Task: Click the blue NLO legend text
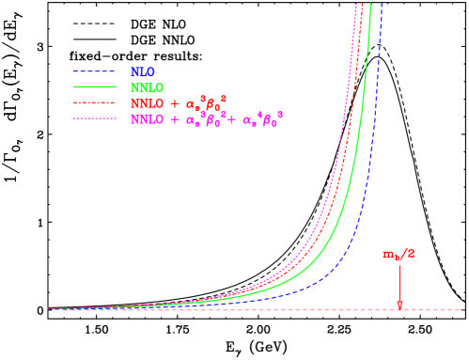click(x=143, y=71)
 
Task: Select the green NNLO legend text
click(x=147, y=87)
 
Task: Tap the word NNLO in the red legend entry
click(x=147, y=103)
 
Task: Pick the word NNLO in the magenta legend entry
click(x=147, y=119)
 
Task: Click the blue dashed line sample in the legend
click(x=94, y=71)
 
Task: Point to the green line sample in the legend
click(x=94, y=87)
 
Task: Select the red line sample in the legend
click(x=94, y=102)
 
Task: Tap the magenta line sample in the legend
click(x=94, y=118)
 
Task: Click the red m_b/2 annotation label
click(x=398, y=254)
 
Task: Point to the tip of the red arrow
click(x=399, y=307)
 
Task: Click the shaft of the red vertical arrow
click(x=399, y=282)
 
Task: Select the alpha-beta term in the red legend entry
click(x=206, y=102)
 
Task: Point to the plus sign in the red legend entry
click(x=175, y=103)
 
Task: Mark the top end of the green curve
click(x=370, y=5)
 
